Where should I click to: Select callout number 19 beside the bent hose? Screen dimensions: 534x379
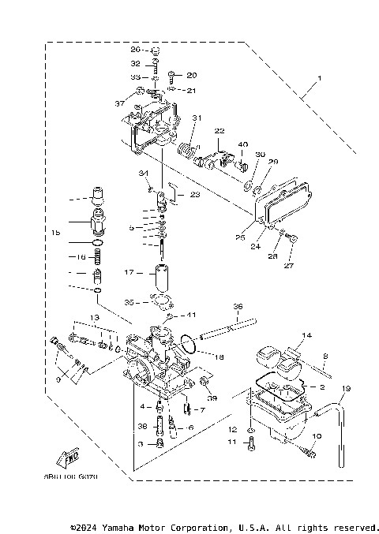(x=346, y=388)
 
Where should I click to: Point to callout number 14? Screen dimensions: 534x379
(x=307, y=335)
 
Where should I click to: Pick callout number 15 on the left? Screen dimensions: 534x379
(x=56, y=233)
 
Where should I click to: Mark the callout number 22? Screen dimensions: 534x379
(x=220, y=130)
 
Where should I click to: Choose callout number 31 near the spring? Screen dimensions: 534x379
(x=197, y=118)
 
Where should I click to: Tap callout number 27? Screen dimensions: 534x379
(x=287, y=267)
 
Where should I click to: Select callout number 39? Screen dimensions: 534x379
(x=212, y=397)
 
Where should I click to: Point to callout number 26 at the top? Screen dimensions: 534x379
(x=135, y=49)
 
